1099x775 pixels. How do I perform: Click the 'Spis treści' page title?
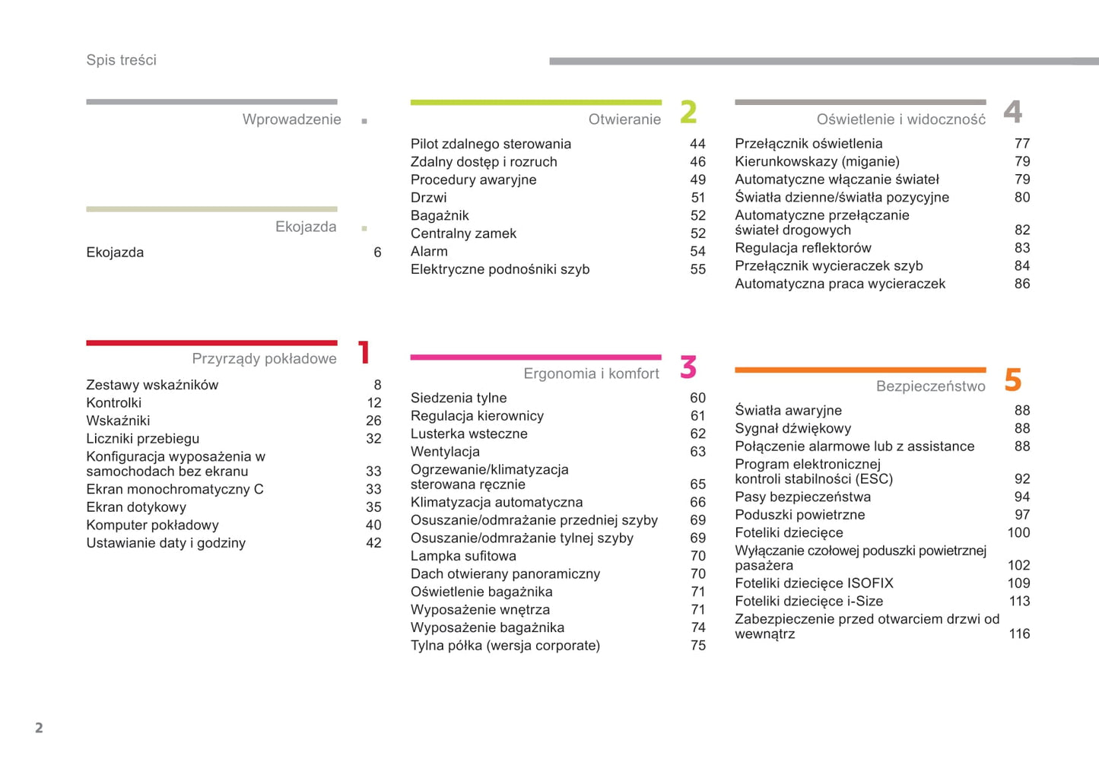pyautogui.click(x=121, y=60)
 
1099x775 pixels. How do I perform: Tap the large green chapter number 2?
pyautogui.click(x=688, y=113)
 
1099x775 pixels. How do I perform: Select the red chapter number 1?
pyautogui.click(x=364, y=353)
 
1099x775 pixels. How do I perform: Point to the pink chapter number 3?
pyautogui.click(x=688, y=367)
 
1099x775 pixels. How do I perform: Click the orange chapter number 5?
pyautogui.click(x=1012, y=380)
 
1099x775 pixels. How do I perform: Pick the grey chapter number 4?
pyautogui.click(x=1012, y=113)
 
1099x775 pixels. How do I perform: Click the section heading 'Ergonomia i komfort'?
pyautogui.click(x=591, y=373)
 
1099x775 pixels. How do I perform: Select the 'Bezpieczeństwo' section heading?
pyautogui.click(x=930, y=386)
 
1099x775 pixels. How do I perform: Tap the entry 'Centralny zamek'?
pyautogui.click(x=463, y=233)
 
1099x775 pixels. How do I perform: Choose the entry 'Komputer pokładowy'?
pyautogui.click(x=152, y=525)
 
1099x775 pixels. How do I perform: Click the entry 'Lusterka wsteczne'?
pyautogui.click(x=469, y=434)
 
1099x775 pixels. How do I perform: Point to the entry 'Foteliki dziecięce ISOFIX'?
pyautogui.click(x=814, y=583)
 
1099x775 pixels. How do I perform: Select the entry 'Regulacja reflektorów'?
pyautogui.click(x=802, y=248)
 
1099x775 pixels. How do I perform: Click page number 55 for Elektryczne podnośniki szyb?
pyautogui.click(x=697, y=269)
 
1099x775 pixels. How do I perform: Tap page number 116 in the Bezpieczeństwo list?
pyautogui.click(x=1019, y=634)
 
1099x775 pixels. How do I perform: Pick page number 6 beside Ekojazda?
pyautogui.click(x=377, y=253)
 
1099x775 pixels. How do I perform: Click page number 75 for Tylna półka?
pyautogui.click(x=697, y=646)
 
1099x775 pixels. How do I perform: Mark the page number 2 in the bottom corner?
pyautogui.click(x=39, y=728)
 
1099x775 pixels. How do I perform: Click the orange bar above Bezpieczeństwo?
pyautogui.click(x=860, y=370)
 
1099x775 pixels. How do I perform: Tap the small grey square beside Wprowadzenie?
pyautogui.click(x=364, y=121)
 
